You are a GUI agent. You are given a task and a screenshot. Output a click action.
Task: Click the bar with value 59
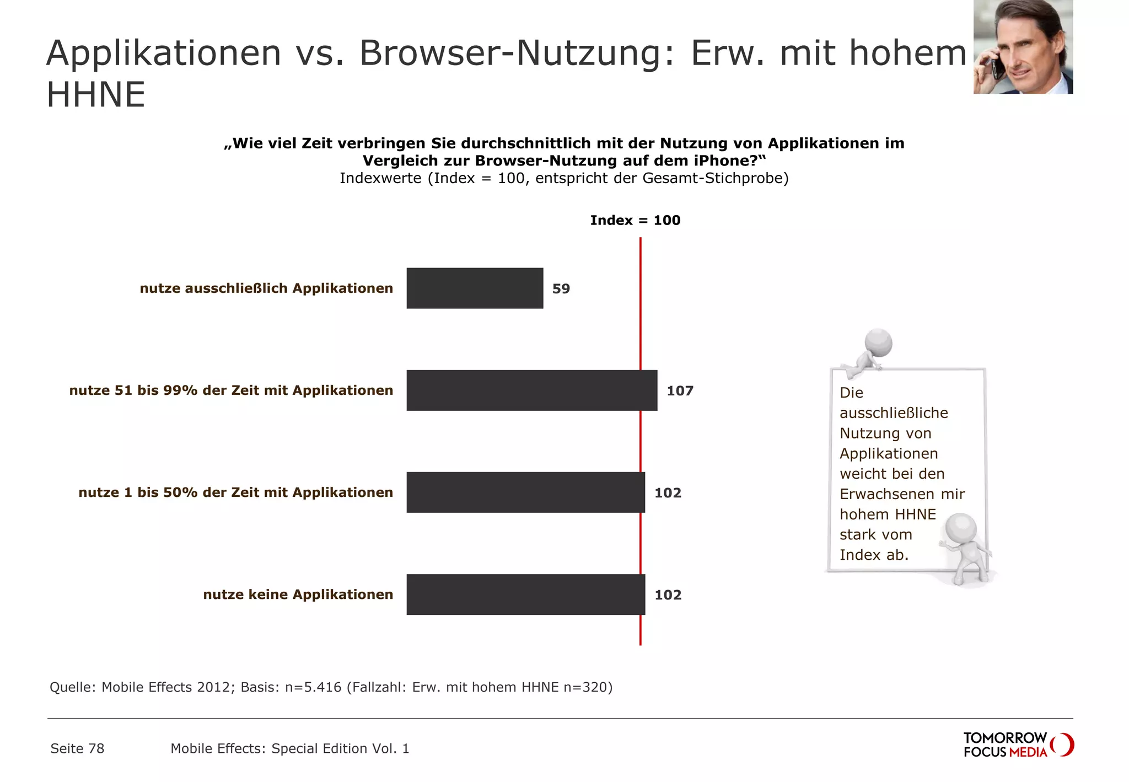475,288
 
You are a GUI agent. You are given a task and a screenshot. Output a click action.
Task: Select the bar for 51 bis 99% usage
531,390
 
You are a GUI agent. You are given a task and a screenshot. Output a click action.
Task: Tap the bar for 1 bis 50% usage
525,492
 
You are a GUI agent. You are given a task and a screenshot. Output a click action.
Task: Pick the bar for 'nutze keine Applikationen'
525,594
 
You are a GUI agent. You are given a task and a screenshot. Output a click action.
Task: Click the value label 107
680,390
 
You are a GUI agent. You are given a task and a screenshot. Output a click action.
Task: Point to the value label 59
561,288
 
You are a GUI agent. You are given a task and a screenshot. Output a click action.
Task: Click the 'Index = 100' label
635,220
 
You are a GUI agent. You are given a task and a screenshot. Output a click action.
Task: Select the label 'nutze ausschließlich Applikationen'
266,288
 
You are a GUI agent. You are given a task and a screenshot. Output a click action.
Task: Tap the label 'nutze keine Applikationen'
298,594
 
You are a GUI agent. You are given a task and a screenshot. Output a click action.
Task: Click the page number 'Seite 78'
77,748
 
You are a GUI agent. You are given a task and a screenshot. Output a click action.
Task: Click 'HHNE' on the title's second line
96,95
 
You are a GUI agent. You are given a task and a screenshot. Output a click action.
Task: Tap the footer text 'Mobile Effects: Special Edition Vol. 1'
289,748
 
